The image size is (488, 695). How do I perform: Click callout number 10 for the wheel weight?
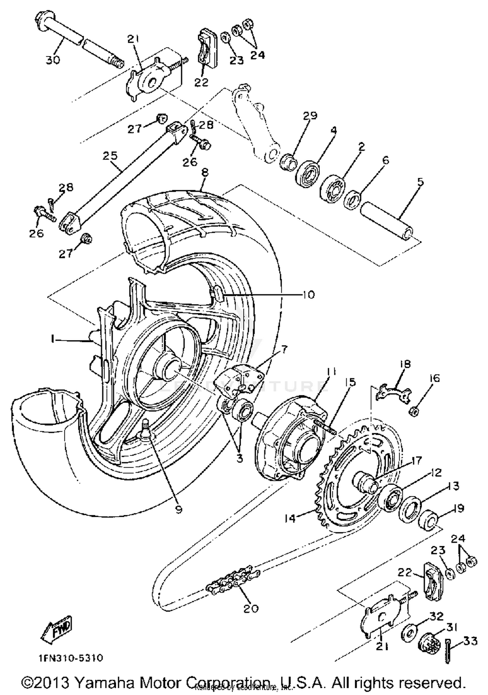pos(308,294)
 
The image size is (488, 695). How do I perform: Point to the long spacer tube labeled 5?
pos(387,221)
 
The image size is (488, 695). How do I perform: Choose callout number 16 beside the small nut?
pos(434,378)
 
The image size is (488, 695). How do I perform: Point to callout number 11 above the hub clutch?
pos(331,371)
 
